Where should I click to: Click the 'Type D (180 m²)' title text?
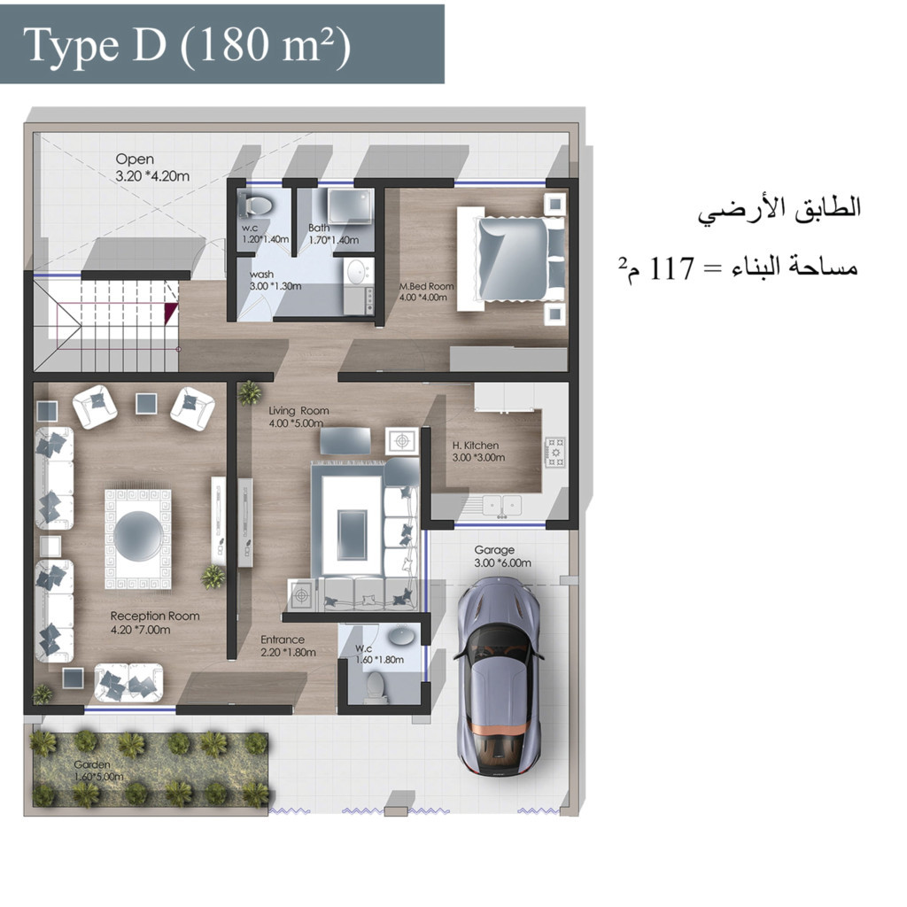187,45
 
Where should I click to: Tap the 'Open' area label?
134,159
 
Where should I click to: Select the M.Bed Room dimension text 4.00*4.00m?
424,298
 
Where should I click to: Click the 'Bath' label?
319,228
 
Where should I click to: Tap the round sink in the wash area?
358,271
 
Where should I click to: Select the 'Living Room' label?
299,411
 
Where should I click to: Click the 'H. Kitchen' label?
476,446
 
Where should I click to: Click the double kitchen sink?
500,505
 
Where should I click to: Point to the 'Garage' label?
494,550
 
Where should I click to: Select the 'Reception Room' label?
155,616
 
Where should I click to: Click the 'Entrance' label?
283,640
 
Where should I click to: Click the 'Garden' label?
93,764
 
